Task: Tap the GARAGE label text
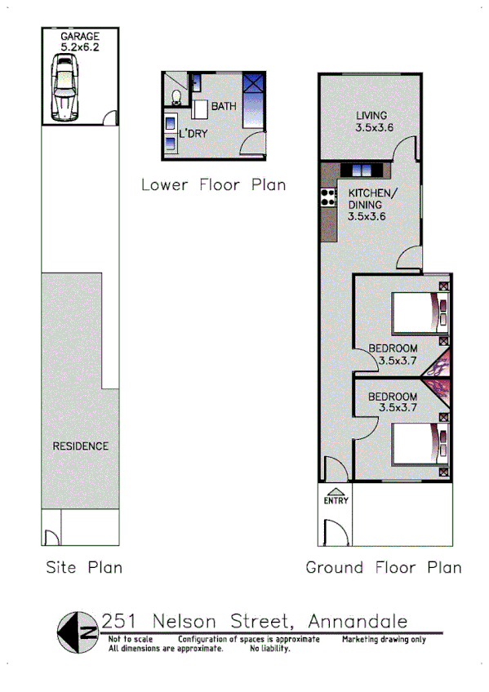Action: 79,36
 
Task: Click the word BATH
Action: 224,107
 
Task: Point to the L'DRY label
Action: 193,132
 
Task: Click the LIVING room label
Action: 371,115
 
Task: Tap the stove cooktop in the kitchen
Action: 329,197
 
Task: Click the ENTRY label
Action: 336,500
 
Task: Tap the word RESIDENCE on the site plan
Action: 80,446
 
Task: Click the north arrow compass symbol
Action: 78,631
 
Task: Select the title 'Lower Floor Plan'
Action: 213,185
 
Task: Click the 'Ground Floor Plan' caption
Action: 383,568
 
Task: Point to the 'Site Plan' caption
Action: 84,568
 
